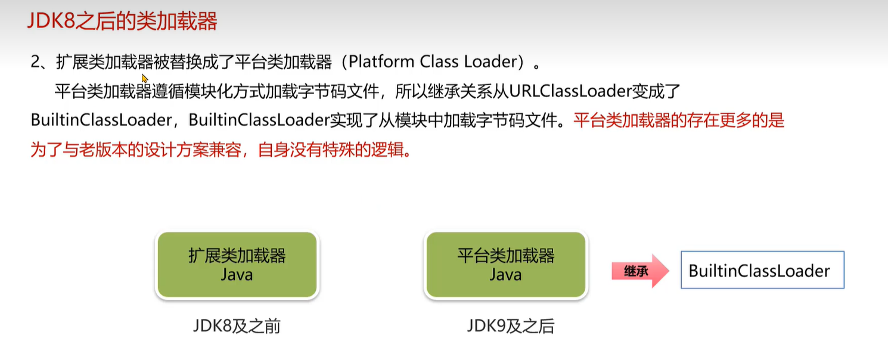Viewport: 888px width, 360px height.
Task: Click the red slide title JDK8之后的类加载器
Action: click(122, 22)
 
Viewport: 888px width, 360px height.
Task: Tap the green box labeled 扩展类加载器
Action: click(237, 265)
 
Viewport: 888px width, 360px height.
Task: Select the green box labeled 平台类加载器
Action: click(506, 265)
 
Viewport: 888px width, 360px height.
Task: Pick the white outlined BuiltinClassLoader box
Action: click(762, 271)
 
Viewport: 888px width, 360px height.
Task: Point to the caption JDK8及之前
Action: click(237, 327)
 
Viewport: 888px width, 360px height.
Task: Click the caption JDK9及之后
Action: click(510, 327)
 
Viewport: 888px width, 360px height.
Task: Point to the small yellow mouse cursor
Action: click(144, 79)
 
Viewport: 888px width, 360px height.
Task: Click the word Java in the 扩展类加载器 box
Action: click(237, 275)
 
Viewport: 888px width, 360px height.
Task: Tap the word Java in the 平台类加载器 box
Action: click(506, 275)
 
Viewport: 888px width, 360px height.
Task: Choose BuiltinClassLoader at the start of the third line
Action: click(101, 121)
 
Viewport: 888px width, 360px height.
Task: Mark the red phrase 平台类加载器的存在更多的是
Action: click(679, 121)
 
